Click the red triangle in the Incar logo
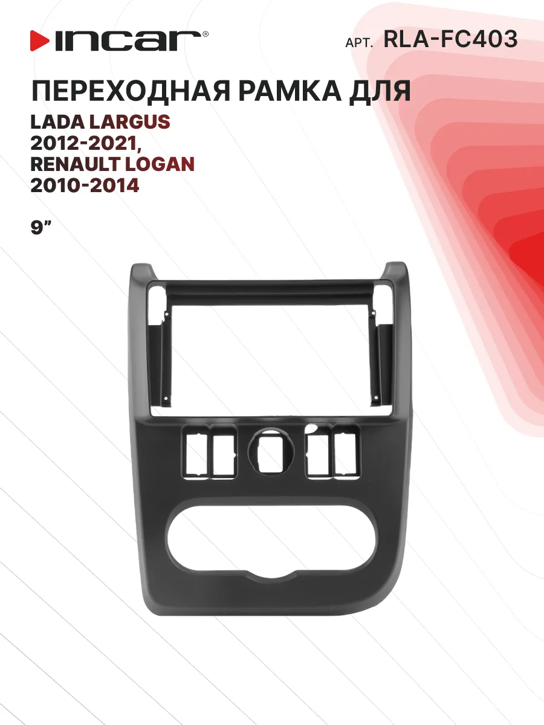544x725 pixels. (39, 40)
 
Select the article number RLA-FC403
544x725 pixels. (450, 39)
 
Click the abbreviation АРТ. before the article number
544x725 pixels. (359, 43)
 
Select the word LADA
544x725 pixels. (57, 122)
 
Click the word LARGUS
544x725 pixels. (130, 122)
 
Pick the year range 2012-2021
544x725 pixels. (86, 143)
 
